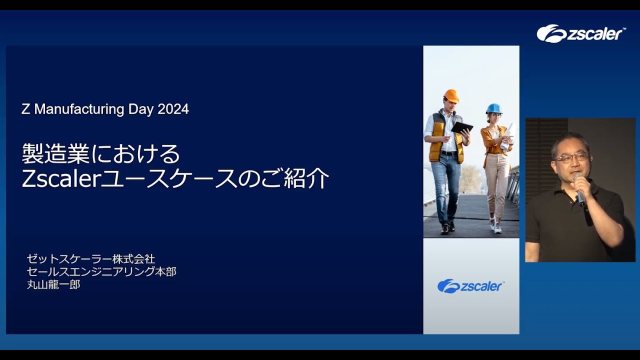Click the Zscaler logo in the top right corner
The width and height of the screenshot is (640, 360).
coord(579,33)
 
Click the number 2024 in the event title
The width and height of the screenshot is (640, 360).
coord(173,109)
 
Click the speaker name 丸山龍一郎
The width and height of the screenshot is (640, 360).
coord(53,284)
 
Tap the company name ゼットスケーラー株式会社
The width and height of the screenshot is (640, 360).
coord(91,259)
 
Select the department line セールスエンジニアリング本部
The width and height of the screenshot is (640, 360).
coord(101,271)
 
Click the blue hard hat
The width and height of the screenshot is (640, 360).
coord(494,108)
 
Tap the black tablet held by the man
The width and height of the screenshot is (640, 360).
coord(461,127)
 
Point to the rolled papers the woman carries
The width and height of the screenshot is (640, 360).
coord(508,136)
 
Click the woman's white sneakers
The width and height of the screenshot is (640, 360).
coord(495,225)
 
